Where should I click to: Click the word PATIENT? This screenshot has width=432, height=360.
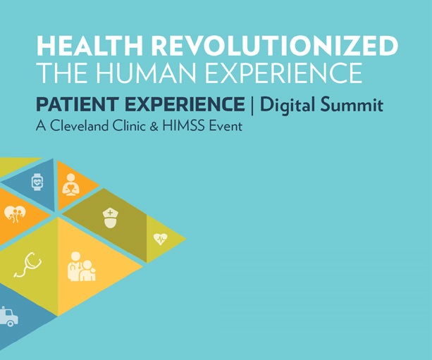(x=71, y=106)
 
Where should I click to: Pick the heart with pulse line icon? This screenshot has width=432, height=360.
(x=161, y=239)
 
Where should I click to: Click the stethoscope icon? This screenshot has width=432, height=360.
(x=29, y=264)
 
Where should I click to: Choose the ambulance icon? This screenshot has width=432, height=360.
(x=8, y=317)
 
